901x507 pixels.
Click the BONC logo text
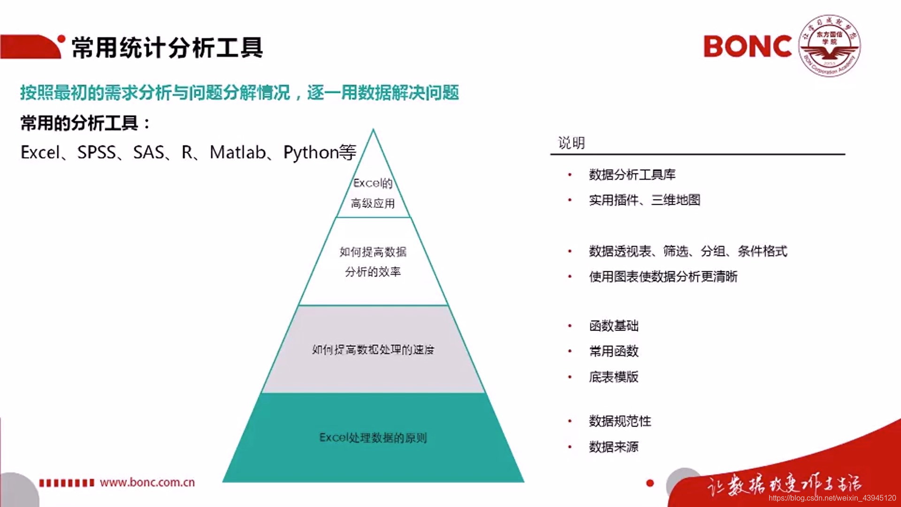748,46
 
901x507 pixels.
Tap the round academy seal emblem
830,46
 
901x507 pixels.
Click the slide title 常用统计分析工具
167,48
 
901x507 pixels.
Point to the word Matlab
237,153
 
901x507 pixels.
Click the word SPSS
96,153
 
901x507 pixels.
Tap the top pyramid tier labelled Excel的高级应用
373,193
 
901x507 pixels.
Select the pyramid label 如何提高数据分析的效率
373,261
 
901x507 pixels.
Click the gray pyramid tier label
373,350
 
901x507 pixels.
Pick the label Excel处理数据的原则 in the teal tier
373,438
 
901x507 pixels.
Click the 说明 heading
571,143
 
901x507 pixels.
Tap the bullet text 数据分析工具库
632,175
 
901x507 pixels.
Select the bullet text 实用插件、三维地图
644,200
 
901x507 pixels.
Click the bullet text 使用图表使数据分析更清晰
663,277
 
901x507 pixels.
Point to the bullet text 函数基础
614,326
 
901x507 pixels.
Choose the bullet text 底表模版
614,376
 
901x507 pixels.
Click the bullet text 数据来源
614,446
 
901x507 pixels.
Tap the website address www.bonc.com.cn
147,482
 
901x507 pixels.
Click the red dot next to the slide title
61,39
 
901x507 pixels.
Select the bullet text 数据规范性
620,421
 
